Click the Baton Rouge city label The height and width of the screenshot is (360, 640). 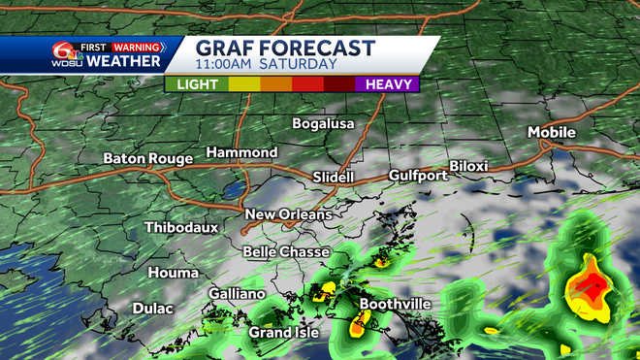pos(148,158)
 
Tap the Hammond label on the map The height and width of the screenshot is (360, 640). pos(241,153)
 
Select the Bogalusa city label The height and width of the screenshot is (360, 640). pos(324,124)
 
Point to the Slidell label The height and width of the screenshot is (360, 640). pos(334,178)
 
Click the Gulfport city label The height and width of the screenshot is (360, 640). pos(417,176)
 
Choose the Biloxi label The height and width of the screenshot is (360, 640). pos(468,166)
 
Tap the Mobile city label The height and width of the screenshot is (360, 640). pos(551,132)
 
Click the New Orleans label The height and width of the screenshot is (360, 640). pos(288,214)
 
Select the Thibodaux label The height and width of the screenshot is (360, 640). pos(181,228)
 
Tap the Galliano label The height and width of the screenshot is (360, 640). pos(237,294)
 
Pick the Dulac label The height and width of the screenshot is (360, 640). pos(152,309)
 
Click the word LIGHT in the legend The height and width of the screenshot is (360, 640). pos(197,84)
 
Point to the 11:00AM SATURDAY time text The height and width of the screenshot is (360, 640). pos(266,65)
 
